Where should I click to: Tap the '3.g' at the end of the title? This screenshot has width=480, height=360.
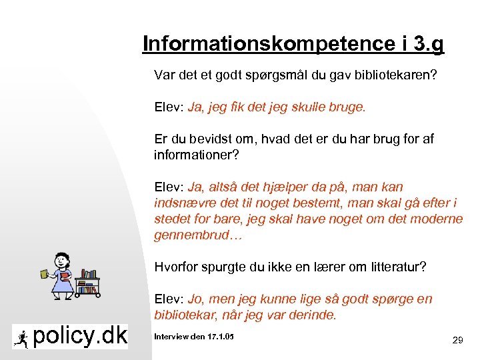tap(428, 44)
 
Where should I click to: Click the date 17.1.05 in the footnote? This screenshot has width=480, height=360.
tap(219, 337)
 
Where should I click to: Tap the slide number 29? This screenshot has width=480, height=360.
tap(457, 341)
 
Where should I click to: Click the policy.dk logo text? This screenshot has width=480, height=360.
tap(80, 337)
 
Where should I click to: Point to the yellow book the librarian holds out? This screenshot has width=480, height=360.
tap(45, 273)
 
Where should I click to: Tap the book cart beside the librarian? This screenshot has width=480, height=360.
tap(87, 283)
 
